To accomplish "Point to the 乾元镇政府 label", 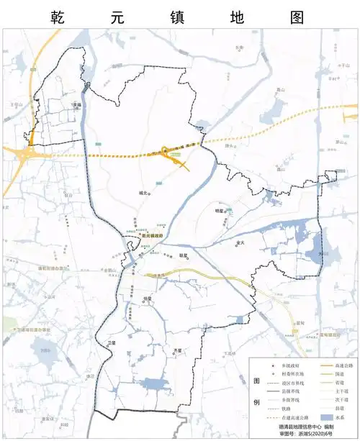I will [x=153, y=235].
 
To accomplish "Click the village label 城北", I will [x=143, y=193].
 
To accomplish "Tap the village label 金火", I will [x=240, y=242].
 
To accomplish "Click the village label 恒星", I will [x=148, y=298].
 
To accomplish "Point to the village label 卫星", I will [x=111, y=342].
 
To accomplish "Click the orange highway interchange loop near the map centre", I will [x=166, y=151].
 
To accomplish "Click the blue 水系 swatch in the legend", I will [x=325, y=417].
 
